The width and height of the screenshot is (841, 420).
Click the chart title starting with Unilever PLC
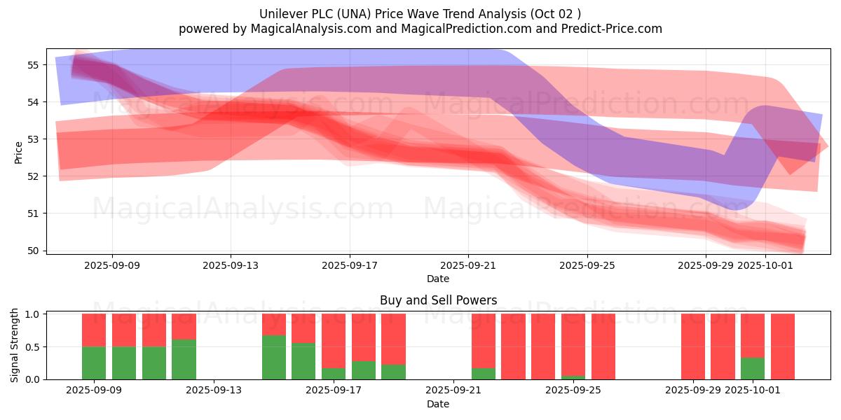tap(420, 14)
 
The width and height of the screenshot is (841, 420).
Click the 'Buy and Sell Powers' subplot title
tap(438, 300)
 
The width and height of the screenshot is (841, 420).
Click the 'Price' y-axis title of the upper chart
tap(19, 151)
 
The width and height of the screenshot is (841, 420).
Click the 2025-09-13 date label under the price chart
tap(231, 266)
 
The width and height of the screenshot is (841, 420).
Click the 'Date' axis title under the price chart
tap(438, 279)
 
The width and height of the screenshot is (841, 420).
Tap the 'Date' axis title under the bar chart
tap(438, 404)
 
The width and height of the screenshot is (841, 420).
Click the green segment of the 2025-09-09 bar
tap(94, 363)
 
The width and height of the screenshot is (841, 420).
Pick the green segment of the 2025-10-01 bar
tap(753, 368)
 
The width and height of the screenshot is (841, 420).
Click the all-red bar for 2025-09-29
tap(693, 346)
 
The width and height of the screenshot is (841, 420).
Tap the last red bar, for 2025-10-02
tap(783, 346)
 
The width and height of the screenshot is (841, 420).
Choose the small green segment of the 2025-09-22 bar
tap(484, 374)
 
